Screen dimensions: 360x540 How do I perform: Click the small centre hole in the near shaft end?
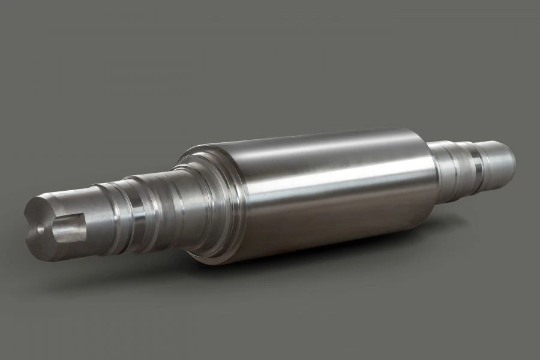point(40,229)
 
